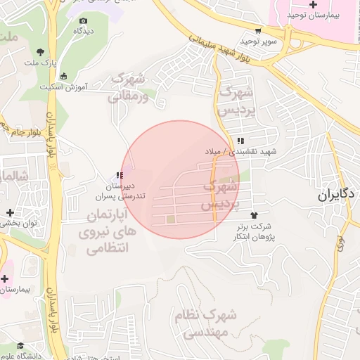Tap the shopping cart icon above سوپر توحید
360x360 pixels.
tap(259, 30)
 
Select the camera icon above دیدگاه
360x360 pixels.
tap(84, 21)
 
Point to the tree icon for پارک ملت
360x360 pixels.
tap(40, 51)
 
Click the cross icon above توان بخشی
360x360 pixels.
tap(10, 212)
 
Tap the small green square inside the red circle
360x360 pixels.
tap(171, 220)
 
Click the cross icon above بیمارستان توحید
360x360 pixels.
tap(313, 5)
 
